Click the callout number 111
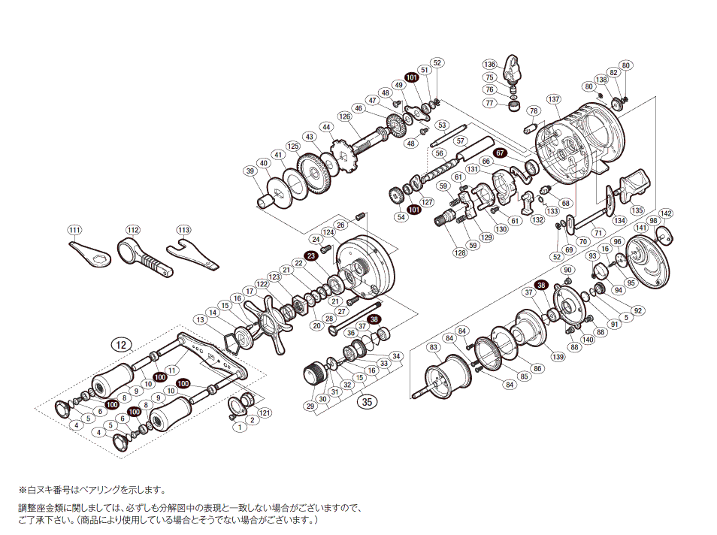[x=74, y=230]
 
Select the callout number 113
[x=184, y=230]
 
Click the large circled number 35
[x=367, y=401]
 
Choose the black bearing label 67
[x=500, y=153]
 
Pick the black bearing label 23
[x=311, y=255]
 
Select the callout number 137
[x=554, y=99]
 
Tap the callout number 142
[x=666, y=213]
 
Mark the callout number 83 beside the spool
[x=433, y=346]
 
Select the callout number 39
[x=249, y=172]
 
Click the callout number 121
[x=265, y=414]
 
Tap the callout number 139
[x=558, y=356]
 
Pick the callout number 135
[x=637, y=210]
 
